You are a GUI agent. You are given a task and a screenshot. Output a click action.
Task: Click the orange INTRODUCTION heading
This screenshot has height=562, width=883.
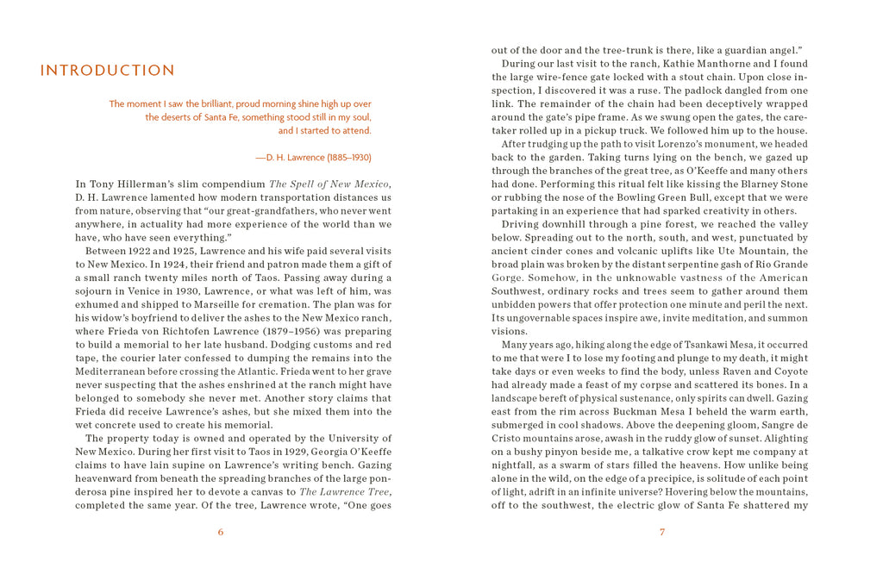coord(108,71)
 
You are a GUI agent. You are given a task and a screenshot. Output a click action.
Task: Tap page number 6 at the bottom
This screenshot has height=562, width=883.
coord(221,532)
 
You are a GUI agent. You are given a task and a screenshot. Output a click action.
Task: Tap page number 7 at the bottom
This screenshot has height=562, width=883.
coord(662,532)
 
